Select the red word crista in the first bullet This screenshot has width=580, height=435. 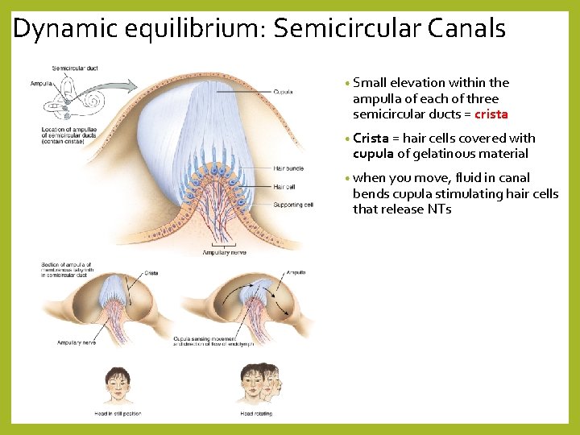coord(491,114)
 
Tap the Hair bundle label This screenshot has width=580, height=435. coord(288,168)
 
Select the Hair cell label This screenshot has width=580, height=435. coord(284,187)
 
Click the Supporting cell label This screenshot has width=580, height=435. coord(293,205)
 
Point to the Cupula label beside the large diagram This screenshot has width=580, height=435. coord(284,91)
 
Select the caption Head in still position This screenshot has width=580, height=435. coord(117,413)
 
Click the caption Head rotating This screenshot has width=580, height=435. coord(256,413)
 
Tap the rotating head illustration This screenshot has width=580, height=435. coord(261,384)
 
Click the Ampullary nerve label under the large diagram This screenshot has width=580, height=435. coord(213,251)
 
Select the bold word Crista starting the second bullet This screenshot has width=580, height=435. coord(371,139)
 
